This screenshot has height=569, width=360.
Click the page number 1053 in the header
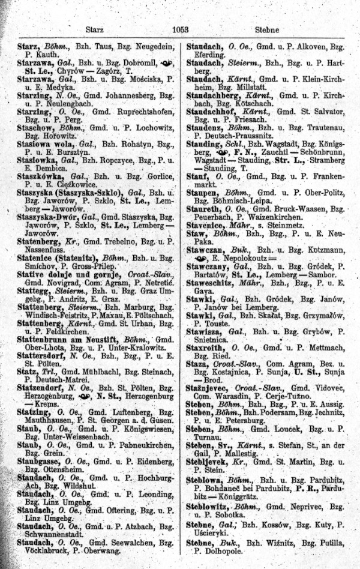(180, 28)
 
